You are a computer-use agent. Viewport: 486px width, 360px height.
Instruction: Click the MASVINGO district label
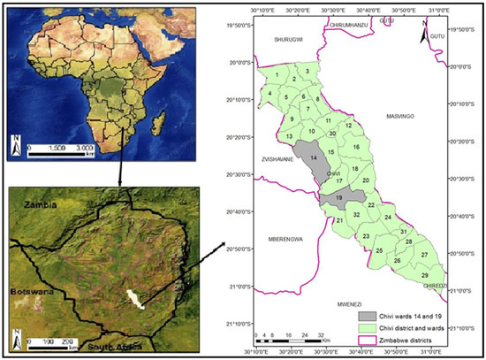click(405, 116)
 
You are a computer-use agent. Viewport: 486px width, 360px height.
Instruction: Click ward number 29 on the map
click(426, 275)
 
